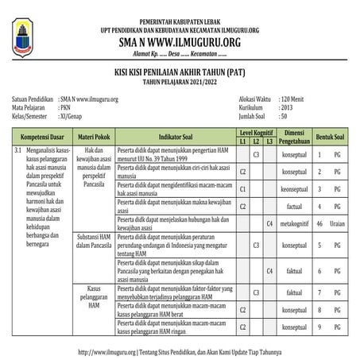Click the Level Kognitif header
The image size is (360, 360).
[257, 132]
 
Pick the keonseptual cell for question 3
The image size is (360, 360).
[295, 188]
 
